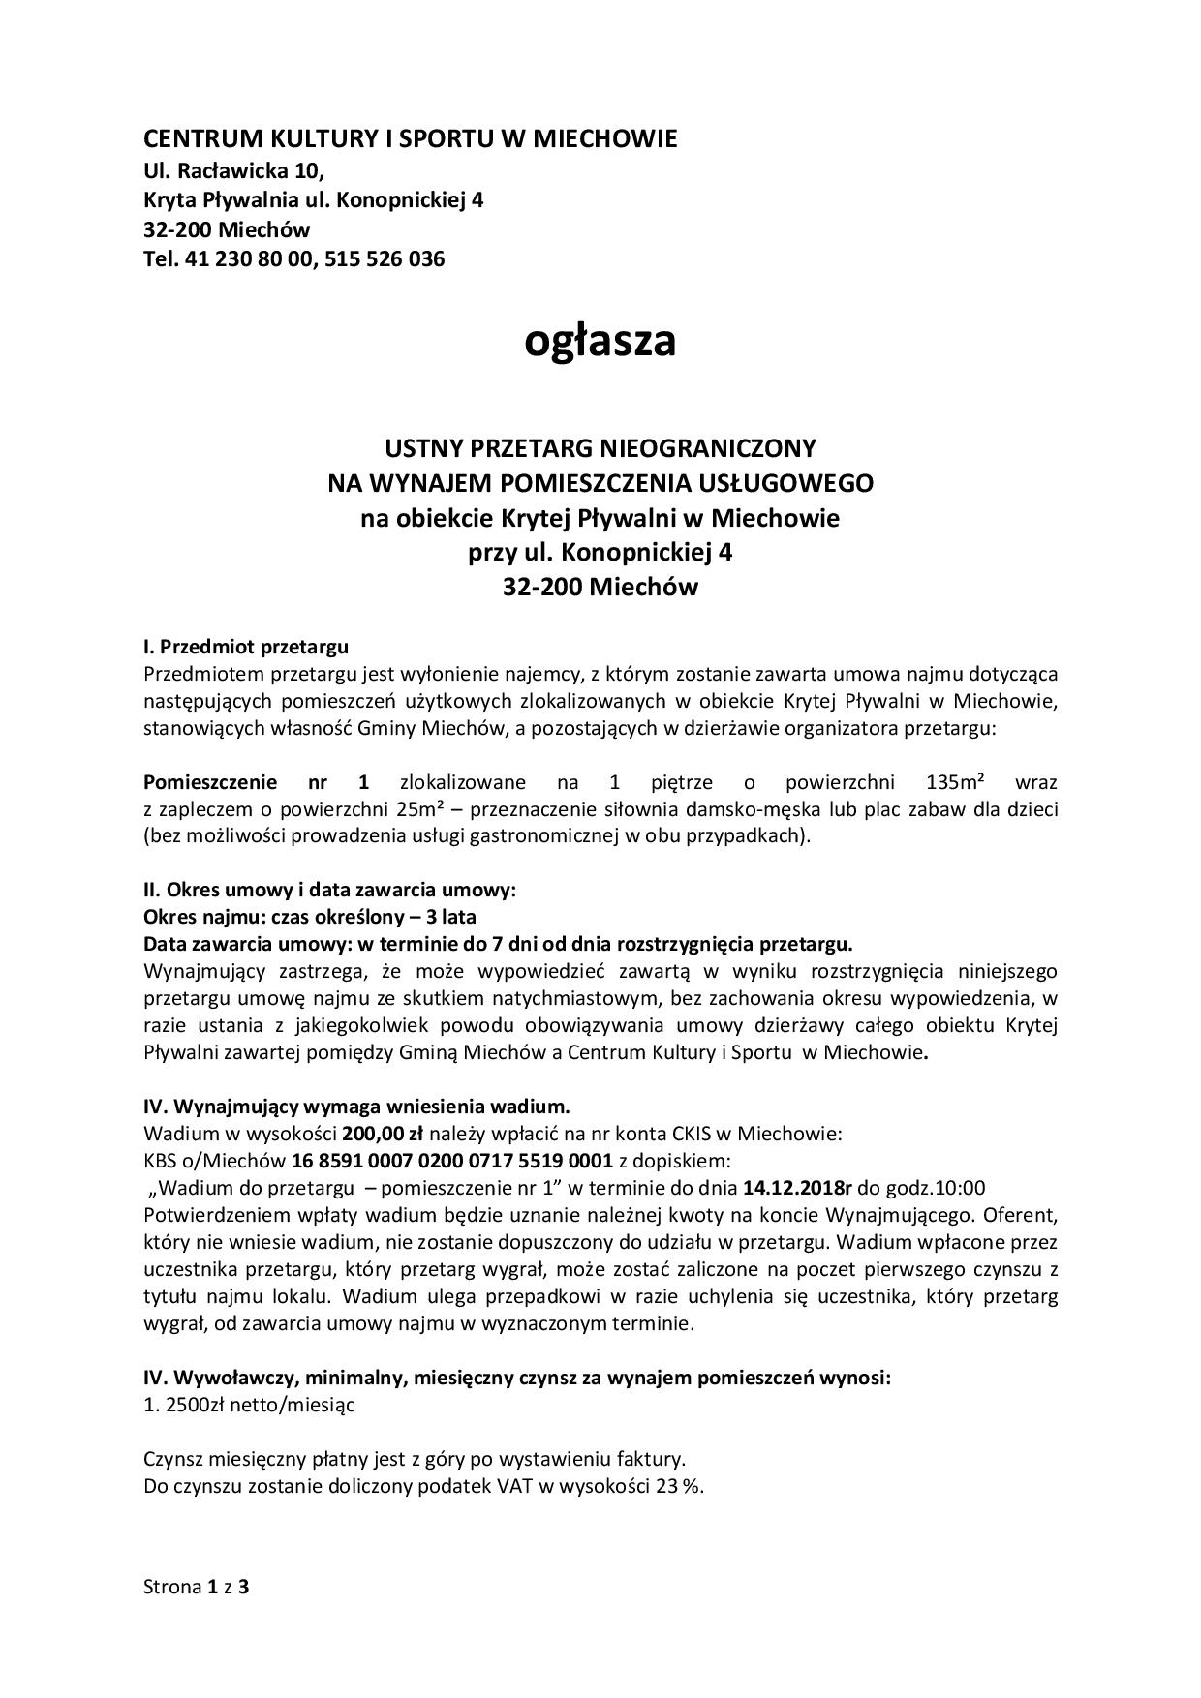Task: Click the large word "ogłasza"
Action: [x=600, y=341]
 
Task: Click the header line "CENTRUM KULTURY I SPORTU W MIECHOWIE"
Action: [x=410, y=139]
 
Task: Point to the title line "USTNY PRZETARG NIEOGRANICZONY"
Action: [x=600, y=448]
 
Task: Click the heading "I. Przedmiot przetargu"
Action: [x=245, y=646]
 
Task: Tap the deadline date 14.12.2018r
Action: [x=797, y=1188]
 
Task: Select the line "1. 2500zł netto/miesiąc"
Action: [x=249, y=1405]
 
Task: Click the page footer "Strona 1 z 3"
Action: [x=197, y=1587]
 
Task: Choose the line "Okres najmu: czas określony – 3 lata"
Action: [x=309, y=916]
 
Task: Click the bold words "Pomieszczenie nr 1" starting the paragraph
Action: [x=257, y=782]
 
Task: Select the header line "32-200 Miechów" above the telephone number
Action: [x=227, y=230]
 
